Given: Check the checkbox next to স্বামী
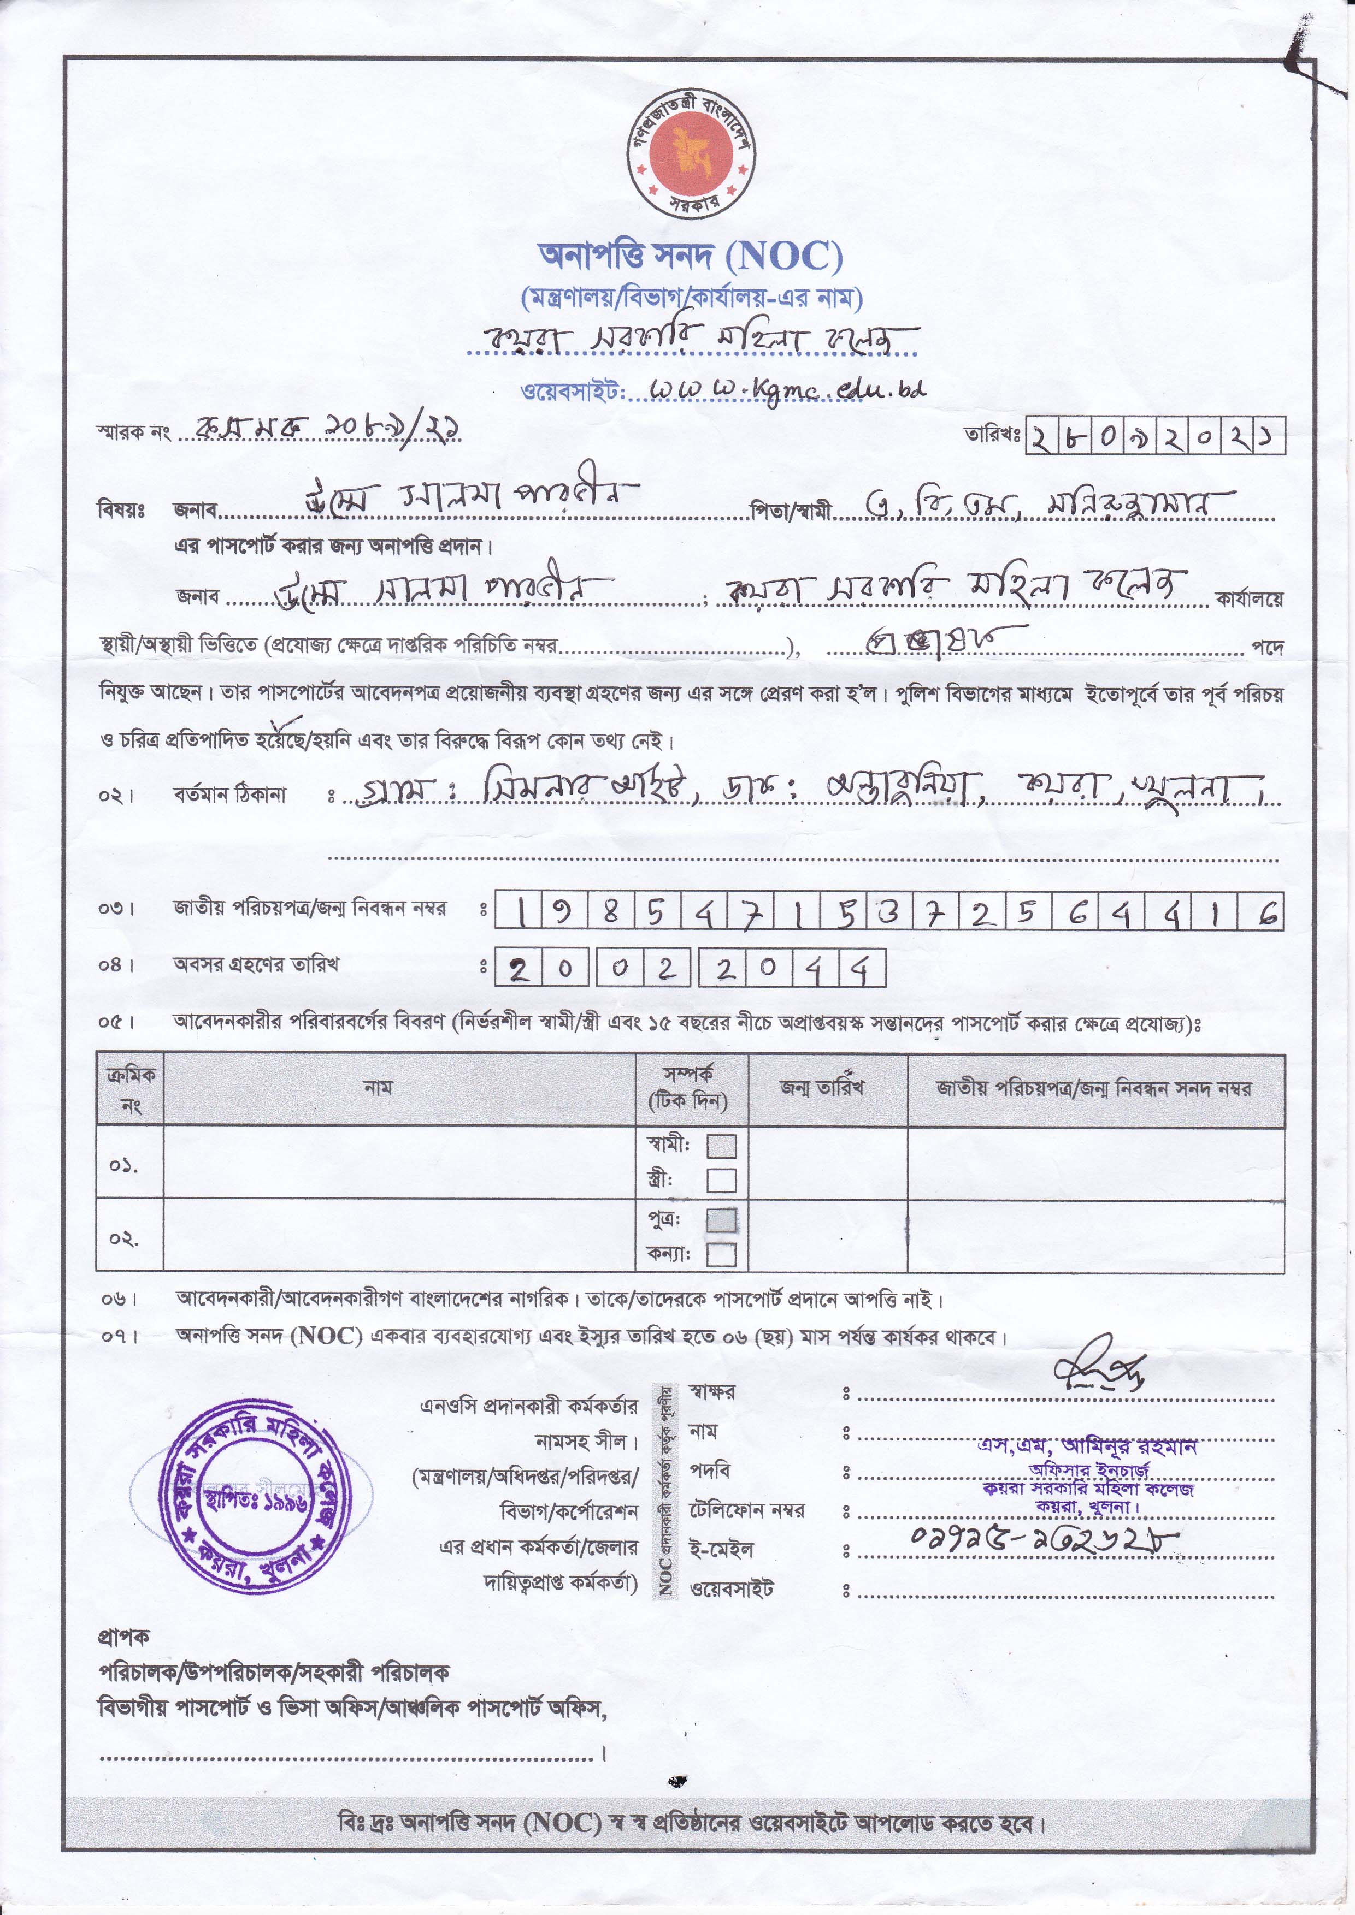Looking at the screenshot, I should click(722, 1146).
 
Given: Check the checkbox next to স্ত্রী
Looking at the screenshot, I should click(722, 1180).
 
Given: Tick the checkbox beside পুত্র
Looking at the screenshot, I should click(722, 1220).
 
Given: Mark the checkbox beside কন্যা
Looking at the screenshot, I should click(722, 1254).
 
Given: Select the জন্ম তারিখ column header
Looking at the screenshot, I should click(822, 1088).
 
